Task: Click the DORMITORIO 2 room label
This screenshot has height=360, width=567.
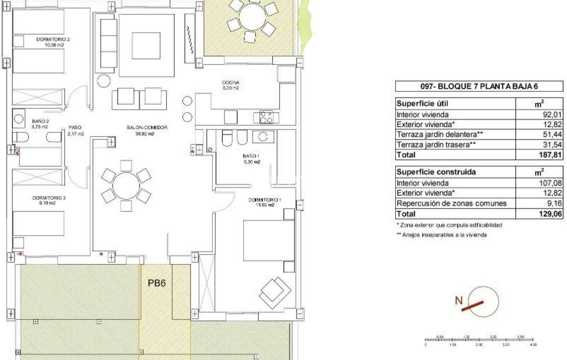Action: tap(53, 39)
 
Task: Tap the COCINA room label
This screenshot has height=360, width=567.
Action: tap(230, 82)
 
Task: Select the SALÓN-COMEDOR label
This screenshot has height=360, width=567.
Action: tap(147, 127)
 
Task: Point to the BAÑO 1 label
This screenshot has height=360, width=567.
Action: tap(251, 156)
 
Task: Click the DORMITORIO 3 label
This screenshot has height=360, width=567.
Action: tap(49, 198)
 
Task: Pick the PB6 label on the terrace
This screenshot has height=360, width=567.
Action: tap(157, 283)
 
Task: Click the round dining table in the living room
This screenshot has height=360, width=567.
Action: tap(126, 186)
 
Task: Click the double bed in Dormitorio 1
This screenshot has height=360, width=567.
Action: tap(268, 240)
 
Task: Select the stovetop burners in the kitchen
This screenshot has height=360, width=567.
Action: tap(266, 117)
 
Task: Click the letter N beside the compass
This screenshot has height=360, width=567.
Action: tap(459, 300)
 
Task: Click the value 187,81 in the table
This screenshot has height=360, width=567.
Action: tap(550, 155)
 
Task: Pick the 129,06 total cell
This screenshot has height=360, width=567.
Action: tap(550, 214)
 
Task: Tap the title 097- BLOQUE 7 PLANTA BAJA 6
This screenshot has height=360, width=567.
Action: tap(479, 86)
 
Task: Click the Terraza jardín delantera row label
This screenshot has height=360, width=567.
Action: tap(440, 134)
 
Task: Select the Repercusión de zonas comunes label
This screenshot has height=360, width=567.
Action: tap(451, 203)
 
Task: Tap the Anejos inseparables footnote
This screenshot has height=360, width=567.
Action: tap(442, 235)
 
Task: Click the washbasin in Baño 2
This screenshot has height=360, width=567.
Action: tap(19, 119)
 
